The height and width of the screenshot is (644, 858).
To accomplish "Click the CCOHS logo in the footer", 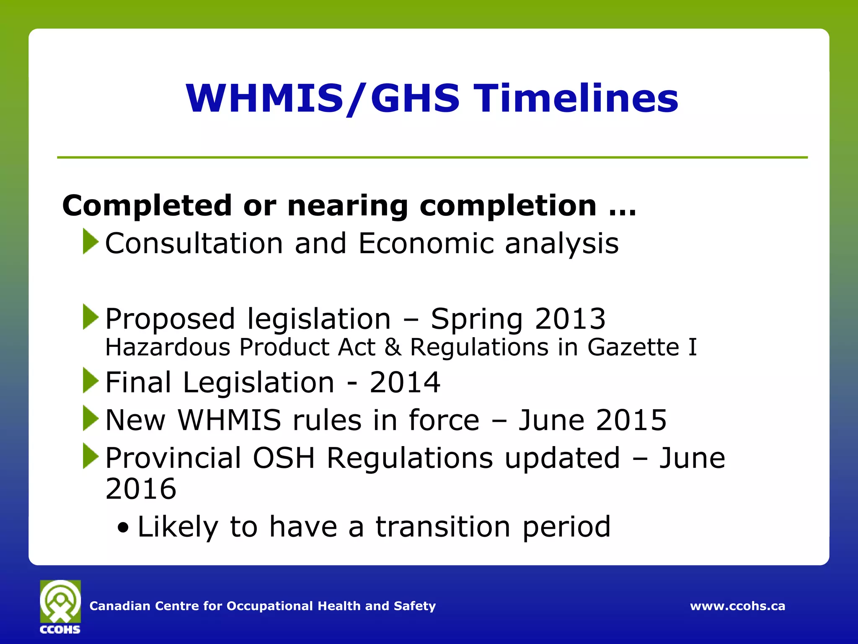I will [60, 606].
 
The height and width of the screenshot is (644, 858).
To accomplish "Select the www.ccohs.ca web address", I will [737, 606].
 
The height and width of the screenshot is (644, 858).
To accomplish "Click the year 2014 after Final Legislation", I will [405, 382].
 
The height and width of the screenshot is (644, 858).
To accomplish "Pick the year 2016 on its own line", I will [141, 489].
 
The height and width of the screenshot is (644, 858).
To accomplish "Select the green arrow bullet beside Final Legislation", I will [90, 380].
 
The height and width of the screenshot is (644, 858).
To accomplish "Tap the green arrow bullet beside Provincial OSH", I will [90, 456].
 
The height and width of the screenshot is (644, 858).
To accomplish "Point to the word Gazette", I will [633, 347].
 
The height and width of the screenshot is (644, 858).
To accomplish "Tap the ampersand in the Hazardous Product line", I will [393, 347].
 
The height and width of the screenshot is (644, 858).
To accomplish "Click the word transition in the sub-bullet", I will [442, 527].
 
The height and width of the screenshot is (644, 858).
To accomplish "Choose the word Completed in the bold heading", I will [147, 206].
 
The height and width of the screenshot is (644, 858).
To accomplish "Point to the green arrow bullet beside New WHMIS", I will [90, 418].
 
